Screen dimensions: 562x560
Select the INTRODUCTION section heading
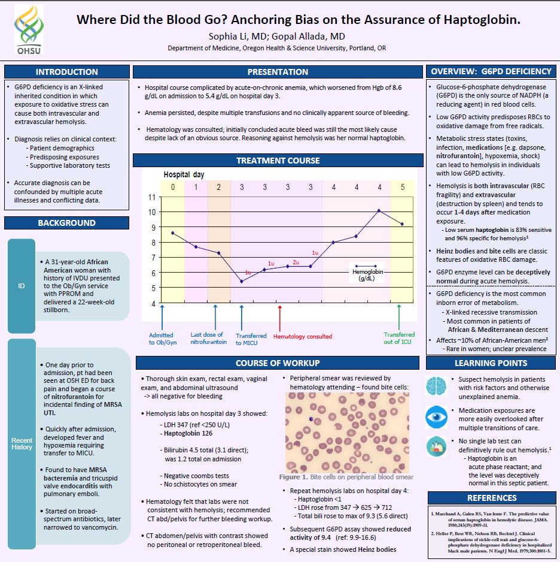pos(66,72)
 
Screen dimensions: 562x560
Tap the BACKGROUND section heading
pos(66,223)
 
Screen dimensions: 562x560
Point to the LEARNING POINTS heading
pos(491,362)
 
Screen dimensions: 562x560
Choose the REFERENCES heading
pos(491,498)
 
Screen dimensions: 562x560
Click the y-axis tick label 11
pos(152,197)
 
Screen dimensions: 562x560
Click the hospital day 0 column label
pos(173,187)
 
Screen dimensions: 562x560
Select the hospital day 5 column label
pos(402,187)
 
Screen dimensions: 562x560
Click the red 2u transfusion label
pos(296,262)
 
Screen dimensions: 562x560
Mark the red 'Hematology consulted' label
pos(302,337)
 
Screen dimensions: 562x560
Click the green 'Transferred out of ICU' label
pos(399,339)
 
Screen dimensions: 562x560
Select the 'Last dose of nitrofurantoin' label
pos(208,339)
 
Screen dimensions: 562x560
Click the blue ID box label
pos(22,286)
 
